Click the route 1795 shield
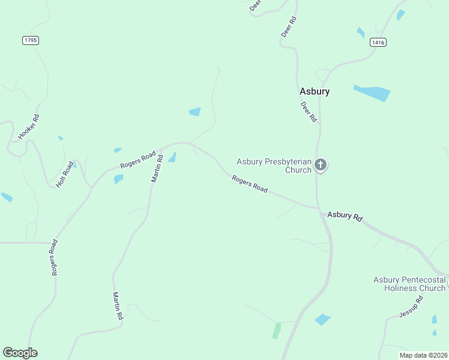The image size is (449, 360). coord(31,40)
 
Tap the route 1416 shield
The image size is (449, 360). coord(378,42)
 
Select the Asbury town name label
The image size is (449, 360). coord(315,92)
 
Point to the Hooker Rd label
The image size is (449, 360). coord(28,127)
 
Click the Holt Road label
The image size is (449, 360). coord(64,175)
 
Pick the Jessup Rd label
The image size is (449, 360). coord(411,308)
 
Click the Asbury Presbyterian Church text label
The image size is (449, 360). coord(274,166)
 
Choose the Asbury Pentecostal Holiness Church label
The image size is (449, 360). coord(409,284)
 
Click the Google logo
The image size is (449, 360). coord(20,353)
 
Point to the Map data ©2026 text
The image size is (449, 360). coord(423,355)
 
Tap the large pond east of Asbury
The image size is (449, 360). coord(372,93)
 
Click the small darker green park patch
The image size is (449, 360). coord(276,330)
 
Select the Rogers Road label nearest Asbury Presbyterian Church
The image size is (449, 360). coord(250,184)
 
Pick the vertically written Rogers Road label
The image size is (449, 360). coord(54,257)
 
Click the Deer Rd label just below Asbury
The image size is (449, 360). coord(308,112)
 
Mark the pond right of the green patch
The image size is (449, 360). coord(322,319)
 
